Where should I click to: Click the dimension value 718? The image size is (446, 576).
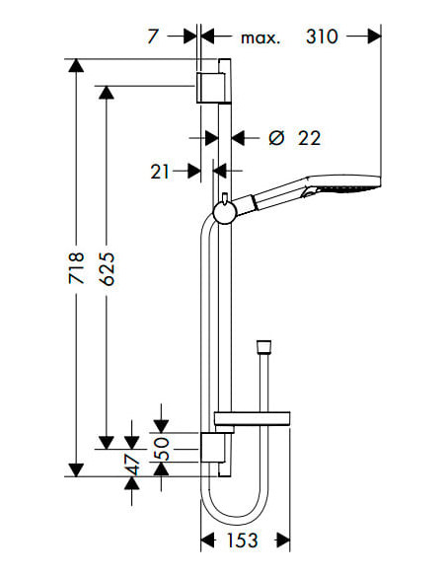coord(76,268)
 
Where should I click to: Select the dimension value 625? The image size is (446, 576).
coord(107,268)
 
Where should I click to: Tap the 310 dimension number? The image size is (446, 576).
coord(322,37)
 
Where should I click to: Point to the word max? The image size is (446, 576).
coord(260,38)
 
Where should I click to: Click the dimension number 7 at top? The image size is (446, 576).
coord(153,36)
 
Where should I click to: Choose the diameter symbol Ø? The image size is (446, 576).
coord(276,138)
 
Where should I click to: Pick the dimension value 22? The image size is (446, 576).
coord(309,138)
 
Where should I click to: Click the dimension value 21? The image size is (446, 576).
coord(160,172)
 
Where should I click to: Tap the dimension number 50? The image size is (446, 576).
coord(162,449)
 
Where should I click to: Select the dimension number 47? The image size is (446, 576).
coord(132,465)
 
